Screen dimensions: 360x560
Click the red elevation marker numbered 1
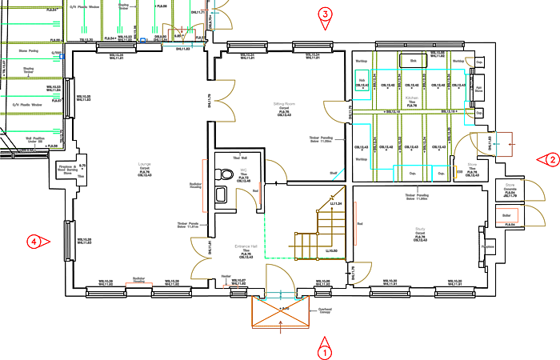[x=324, y=350]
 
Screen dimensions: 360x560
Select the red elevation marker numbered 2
[x=551, y=159]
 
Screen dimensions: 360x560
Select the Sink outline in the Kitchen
[x=414, y=61]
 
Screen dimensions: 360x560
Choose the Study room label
[x=419, y=232]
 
